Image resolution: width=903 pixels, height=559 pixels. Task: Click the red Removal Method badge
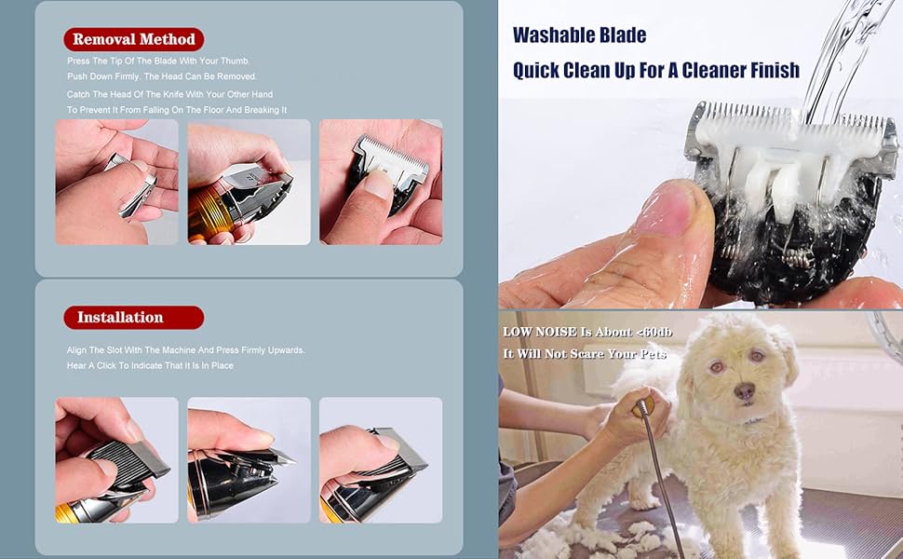click(x=134, y=39)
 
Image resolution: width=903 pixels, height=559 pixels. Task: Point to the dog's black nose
click(x=744, y=393)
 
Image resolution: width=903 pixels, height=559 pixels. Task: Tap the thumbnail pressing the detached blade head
click(x=381, y=182)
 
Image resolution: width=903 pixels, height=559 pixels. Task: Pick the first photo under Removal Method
click(x=116, y=182)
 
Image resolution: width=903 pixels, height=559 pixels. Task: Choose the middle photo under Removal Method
click(x=249, y=182)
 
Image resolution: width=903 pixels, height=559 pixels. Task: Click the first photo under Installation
click(x=116, y=460)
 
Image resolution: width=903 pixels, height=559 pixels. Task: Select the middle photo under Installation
click(x=249, y=460)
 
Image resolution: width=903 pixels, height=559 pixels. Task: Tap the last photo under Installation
click(x=381, y=460)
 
